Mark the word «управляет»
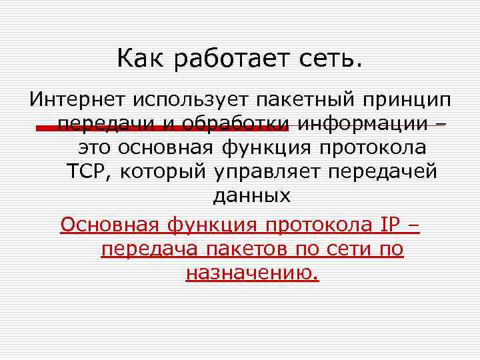tap(267, 172)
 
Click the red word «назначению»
tap(252, 273)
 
